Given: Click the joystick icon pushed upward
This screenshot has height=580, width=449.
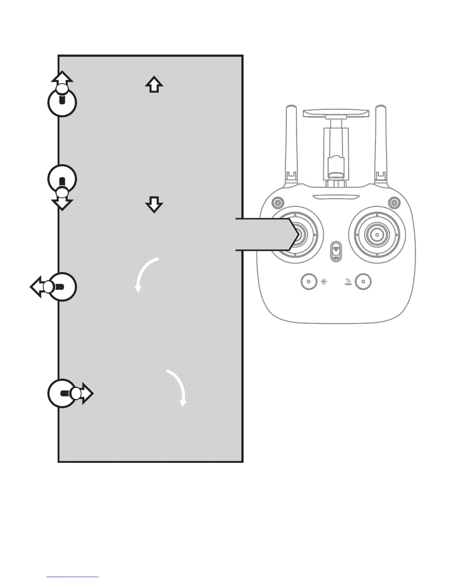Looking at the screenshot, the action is pos(62,99).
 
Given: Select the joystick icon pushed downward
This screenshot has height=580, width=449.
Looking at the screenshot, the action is pos(62,183).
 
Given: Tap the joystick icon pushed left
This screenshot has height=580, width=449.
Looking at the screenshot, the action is pos(59,287).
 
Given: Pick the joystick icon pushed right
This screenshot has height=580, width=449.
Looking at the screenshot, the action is pos(66,393).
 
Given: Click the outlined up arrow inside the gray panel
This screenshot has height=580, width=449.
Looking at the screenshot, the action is pos(154,85).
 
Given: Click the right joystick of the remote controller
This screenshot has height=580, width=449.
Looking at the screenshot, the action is pos(377,234).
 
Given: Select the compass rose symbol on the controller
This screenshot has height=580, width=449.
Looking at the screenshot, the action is pos(324,282).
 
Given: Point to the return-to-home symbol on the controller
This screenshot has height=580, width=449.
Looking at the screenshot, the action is pos(348,282).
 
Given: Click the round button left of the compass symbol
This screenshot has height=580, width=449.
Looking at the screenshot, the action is pos(309,282).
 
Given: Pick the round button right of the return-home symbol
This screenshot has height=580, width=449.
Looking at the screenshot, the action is pos(363,282).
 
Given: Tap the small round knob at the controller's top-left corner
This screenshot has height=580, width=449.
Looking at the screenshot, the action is pos(278,202).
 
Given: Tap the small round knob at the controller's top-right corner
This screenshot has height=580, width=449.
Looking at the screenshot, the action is pos(394,202).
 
